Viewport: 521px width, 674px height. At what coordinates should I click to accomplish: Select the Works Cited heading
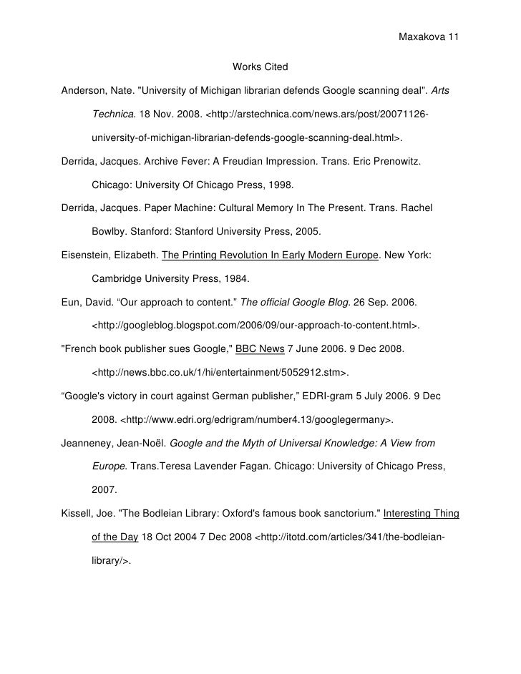[260, 67]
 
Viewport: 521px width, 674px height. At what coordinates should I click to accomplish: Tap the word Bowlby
[108, 232]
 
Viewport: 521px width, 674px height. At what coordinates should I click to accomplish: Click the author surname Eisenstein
[87, 255]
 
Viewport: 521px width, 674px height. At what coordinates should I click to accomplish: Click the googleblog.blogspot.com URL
[255, 326]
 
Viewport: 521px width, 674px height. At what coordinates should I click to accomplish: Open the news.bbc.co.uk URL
[221, 373]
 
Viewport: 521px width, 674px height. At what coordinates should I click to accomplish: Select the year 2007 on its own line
[104, 491]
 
